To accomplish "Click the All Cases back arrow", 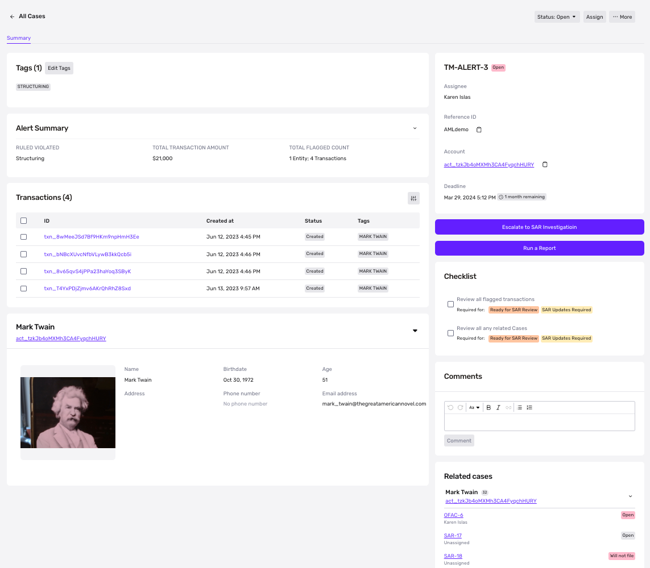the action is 12,16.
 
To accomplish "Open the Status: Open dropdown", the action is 557,17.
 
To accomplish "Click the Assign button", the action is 594,17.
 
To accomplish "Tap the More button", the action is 622,17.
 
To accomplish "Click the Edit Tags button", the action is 59,68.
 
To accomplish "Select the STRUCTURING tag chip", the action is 33,86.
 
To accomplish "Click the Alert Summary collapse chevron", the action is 415,128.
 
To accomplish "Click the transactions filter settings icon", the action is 413,198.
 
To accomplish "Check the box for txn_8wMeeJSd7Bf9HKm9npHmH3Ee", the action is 24,237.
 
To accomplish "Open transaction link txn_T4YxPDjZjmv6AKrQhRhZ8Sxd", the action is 88,289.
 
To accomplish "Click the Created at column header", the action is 220,221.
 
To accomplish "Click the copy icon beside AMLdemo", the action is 479,130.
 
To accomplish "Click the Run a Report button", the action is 539,248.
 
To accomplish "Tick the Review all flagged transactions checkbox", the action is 450,304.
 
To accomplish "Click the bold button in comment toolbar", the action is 488,408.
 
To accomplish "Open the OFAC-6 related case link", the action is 453,515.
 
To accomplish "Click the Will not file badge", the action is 622,556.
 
